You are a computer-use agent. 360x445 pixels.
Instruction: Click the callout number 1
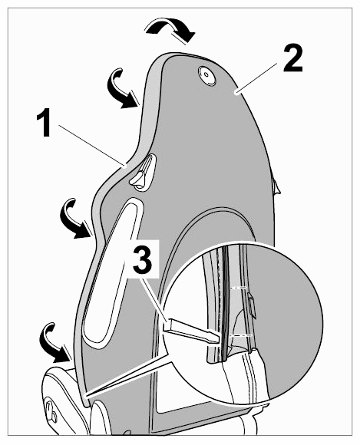(44, 124)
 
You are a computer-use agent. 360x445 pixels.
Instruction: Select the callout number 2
(293, 58)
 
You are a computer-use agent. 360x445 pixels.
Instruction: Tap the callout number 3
(143, 260)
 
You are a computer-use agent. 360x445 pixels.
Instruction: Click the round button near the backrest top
(207, 75)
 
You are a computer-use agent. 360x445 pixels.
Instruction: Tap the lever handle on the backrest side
(143, 174)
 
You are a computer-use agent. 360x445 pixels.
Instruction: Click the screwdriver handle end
(167, 324)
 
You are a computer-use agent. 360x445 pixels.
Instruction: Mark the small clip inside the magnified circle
(252, 306)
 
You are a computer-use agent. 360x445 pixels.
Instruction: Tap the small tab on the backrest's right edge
(276, 186)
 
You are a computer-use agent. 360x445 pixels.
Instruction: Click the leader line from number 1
(92, 145)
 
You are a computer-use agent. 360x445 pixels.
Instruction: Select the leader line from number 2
(256, 78)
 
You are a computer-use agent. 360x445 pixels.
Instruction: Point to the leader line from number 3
(155, 299)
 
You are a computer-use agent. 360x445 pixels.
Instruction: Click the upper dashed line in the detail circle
(238, 288)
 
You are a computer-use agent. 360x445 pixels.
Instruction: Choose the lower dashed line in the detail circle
(240, 335)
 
